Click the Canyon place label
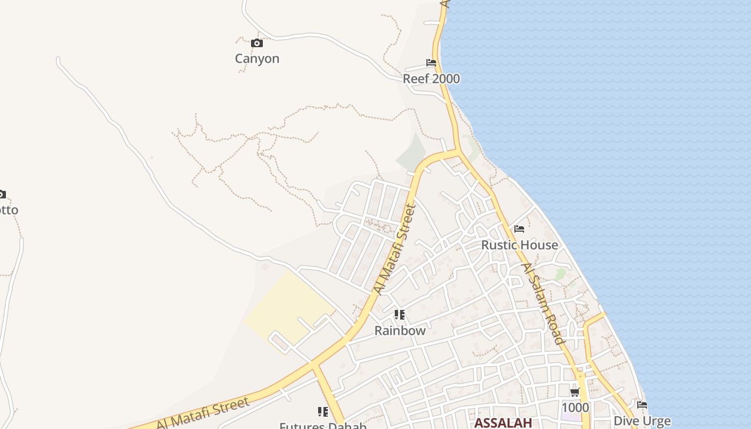tap(257, 58)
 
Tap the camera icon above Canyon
tap(257, 43)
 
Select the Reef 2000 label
tap(431, 79)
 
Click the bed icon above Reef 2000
tap(431, 63)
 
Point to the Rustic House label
tap(519, 245)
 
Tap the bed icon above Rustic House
tap(519, 229)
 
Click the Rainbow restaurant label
tap(400, 330)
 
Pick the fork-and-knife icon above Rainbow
tap(399, 315)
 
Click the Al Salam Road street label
tap(543, 304)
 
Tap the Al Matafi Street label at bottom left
tap(203, 413)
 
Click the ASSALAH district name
tap(503, 423)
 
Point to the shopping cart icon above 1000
tap(575, 392)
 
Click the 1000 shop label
tap(575, 408)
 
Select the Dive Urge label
tap(642, 420)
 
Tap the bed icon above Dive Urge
tap(642, 405)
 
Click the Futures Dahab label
tap(322, 426)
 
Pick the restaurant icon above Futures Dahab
tap(322, 412)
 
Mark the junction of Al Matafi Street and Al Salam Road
tap(459, 152)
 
